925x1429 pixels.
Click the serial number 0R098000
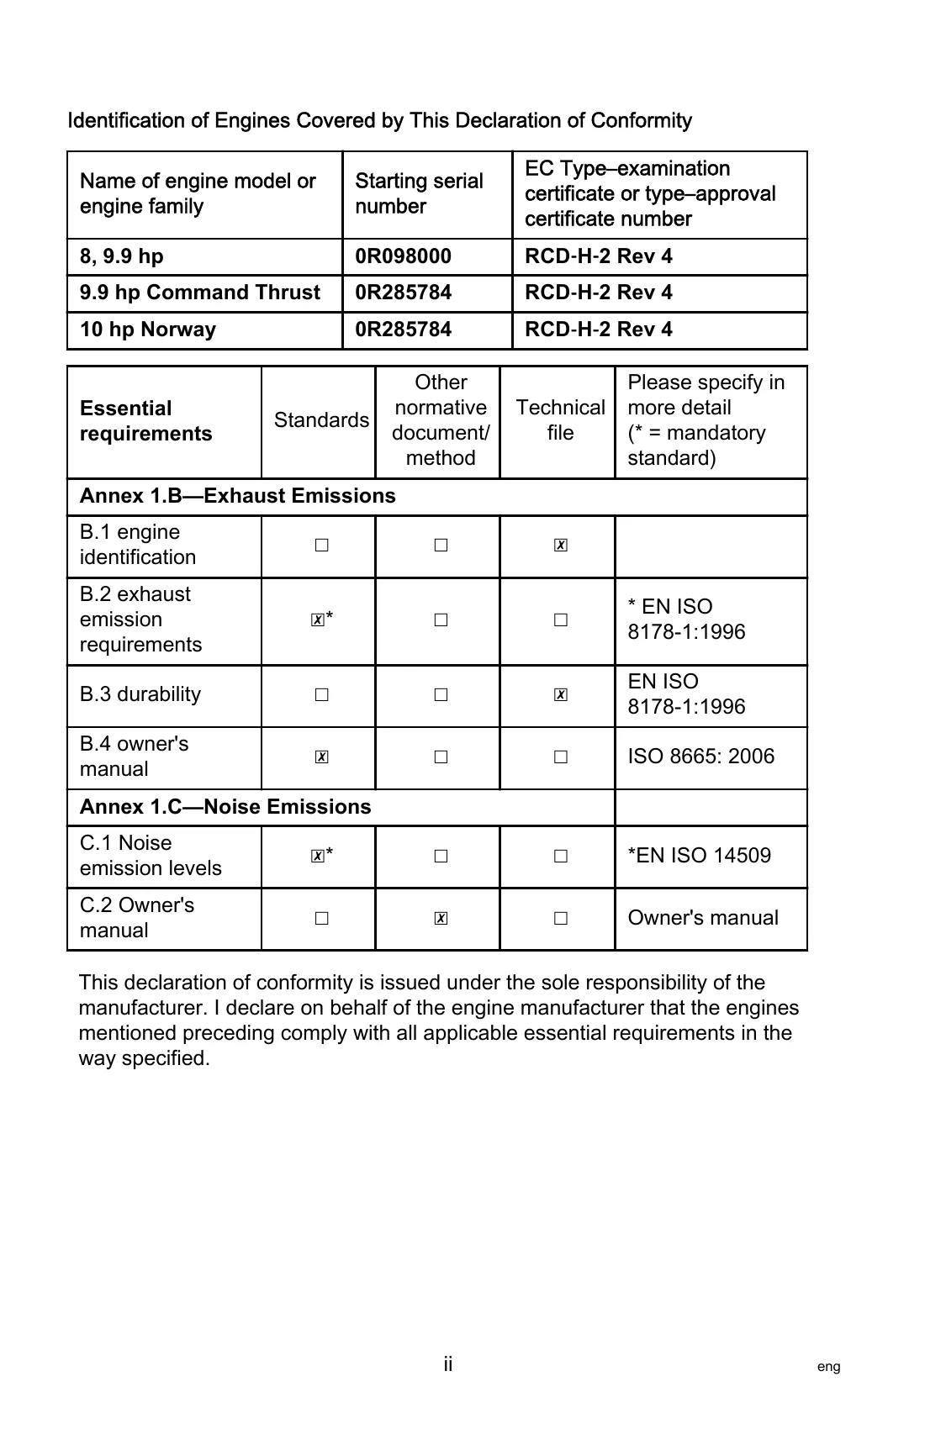point(403,256)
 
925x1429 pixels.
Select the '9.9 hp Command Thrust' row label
point(199,293)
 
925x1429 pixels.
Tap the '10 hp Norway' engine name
point(147,330)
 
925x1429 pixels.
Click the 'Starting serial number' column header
point(419,194)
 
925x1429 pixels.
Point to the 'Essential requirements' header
point(145,421)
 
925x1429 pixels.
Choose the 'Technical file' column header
point(560,420)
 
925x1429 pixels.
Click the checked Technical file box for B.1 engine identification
point(561,546)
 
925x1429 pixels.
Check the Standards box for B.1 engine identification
point(321,546)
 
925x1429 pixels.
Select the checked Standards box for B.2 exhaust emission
point(317,620)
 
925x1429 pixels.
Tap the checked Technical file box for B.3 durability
point(561,695)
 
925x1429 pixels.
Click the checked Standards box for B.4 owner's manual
point(321,757)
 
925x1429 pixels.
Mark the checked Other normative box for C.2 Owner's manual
point(441,919)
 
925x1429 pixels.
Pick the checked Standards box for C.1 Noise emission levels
point(317,857)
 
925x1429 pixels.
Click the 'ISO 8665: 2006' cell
point(700,757)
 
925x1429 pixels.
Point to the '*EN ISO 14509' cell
point(699,856)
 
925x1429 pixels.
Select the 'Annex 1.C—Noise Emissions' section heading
point(225,807)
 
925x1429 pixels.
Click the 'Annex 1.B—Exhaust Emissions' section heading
point(237,496)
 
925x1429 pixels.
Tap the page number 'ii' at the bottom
point(448,1363)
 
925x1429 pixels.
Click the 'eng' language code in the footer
point(828,1367)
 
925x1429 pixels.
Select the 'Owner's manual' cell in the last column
point(703,918)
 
